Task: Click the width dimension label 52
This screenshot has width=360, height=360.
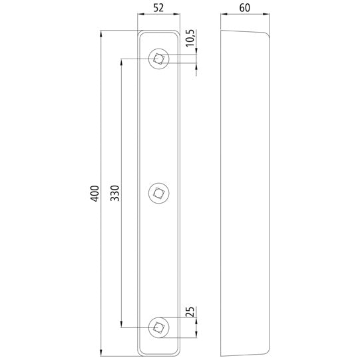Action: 158,9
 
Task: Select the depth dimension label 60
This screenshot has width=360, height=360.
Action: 246,9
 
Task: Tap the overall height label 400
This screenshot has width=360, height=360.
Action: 93,193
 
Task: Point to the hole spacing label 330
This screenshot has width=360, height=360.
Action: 114,193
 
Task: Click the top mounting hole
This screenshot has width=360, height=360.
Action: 158,59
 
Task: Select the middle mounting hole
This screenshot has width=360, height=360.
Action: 158,192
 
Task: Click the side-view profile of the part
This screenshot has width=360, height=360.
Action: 245,193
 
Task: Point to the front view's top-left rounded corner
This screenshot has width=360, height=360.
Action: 140,33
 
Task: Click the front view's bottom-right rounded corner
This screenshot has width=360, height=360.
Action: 176,352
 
